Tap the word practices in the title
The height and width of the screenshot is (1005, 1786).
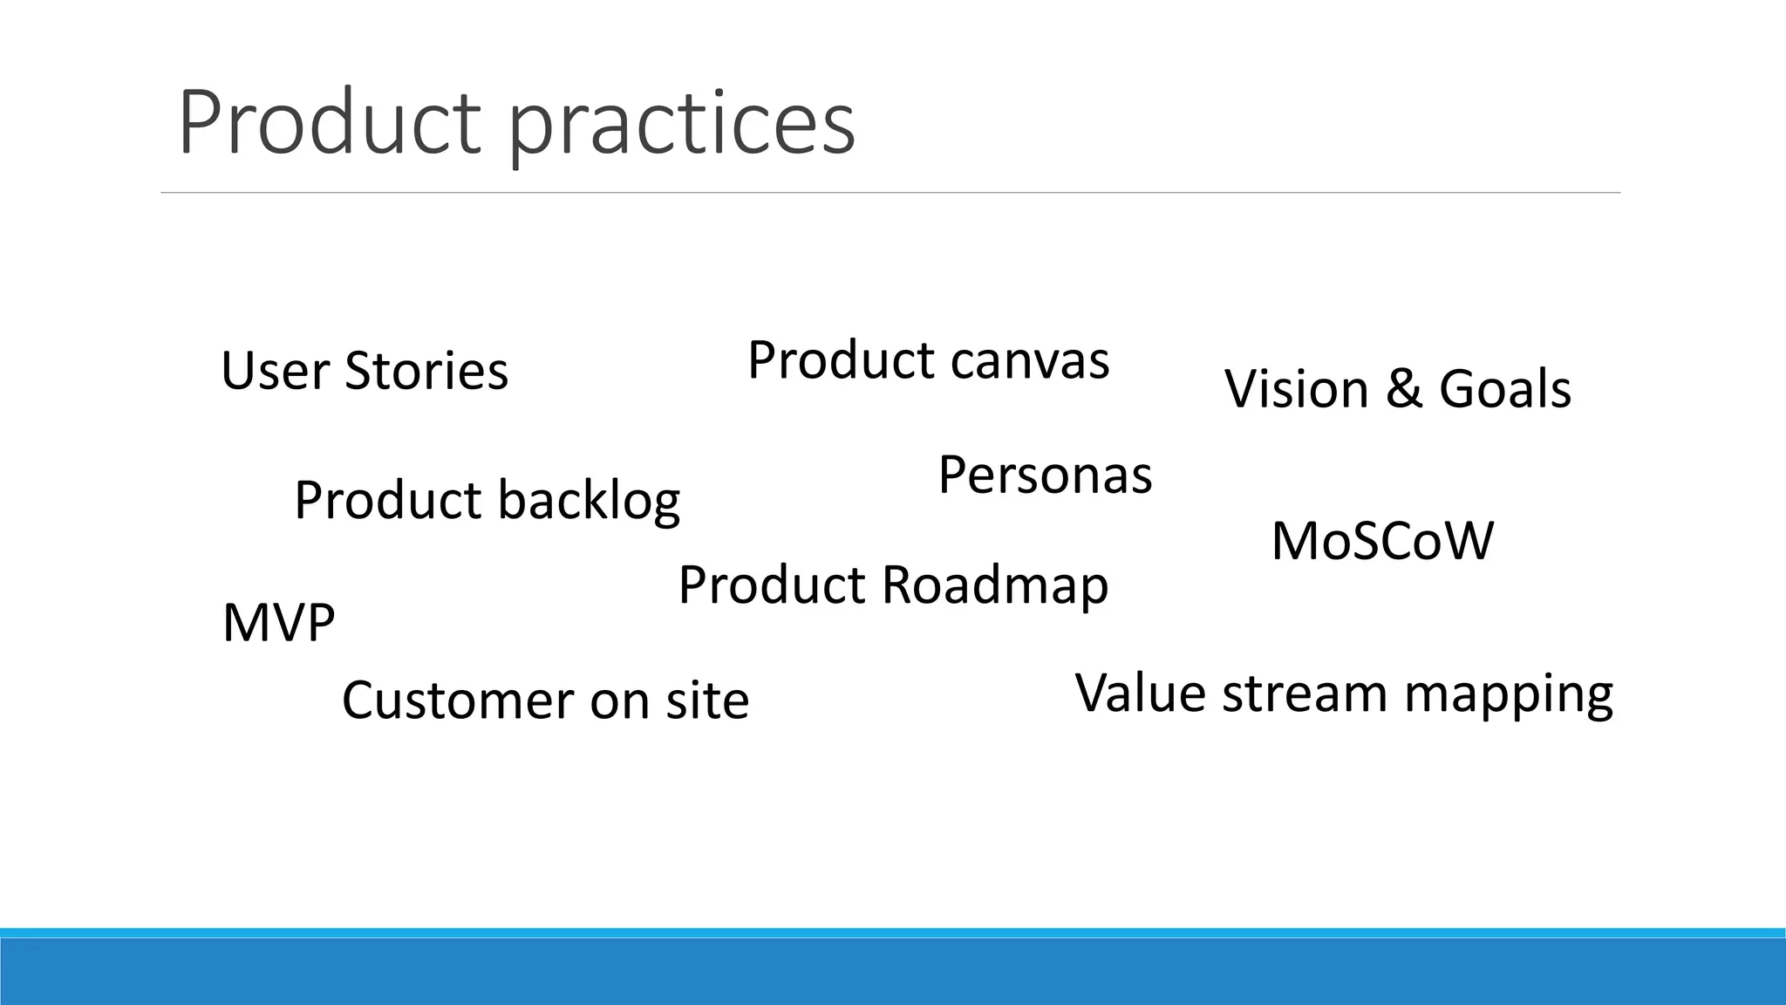tap(682, 126)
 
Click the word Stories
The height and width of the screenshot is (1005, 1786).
tap(426, 370)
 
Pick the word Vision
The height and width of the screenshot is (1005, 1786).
tap(1297, 388)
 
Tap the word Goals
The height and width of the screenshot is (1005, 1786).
tap(1504, 388)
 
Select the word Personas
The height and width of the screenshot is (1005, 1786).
tap(1045, 475)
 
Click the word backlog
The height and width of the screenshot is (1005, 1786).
tap(589, 502)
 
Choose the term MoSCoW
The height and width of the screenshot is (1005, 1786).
tap(1382, 541)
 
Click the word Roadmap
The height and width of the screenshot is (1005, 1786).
tap(995, 585)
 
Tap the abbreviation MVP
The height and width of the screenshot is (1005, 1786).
tap(279, 623)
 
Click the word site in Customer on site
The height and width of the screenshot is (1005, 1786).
tap(707, 700)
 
